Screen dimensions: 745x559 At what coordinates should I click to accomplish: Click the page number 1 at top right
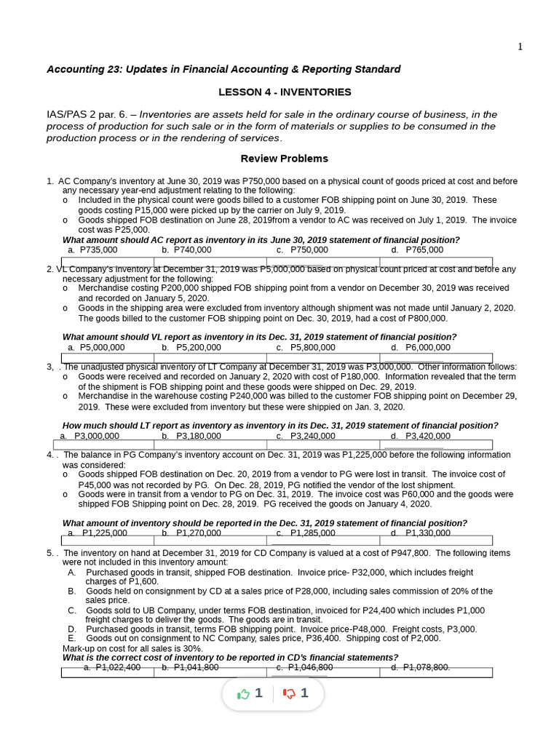pos(520,47)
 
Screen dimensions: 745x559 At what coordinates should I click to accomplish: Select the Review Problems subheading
pos(284,159)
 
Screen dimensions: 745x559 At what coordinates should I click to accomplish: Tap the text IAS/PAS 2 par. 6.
pos(87,114)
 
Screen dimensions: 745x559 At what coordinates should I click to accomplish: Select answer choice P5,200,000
pos(197,348)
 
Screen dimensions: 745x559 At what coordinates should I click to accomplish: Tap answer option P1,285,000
pos(312,533)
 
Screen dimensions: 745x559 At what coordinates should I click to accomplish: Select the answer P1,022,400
pos(118,667)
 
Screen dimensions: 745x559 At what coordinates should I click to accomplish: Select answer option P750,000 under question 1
pos(309,250)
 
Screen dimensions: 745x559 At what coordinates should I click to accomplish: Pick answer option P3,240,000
pos(312,437)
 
